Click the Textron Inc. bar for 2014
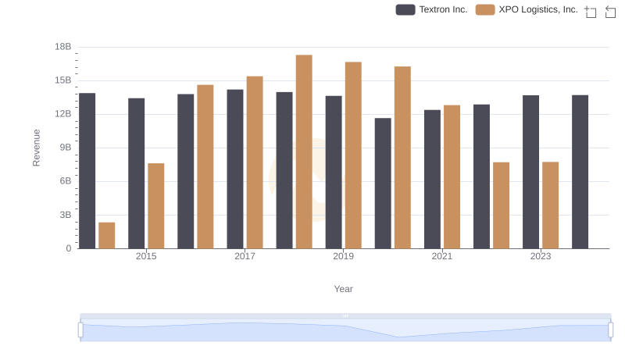(x=87, y=171)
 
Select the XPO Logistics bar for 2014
(x=107, y=235)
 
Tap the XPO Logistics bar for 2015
(x=156, y=205)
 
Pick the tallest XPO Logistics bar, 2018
(x=304, y=151)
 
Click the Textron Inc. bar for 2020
(x=383, y=184)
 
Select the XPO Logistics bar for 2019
(x=353, y=155)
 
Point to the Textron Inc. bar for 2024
(x=580, y=172)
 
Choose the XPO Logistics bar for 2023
(x=551, y=205)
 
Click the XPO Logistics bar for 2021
(x=452, y=176)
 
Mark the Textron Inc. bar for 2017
(x=235, y=169)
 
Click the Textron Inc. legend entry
(x=432, y=9)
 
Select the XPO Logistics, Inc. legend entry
(x=527, y=9)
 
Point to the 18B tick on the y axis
(x=63, y=47)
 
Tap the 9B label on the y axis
(x=65, y=148)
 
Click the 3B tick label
(x=65, y=215)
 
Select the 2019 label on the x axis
(x=344, y=256)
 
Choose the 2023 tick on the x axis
(x=541, y=256)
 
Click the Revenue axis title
(x=36, y=148)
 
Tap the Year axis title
(x=344, y=289)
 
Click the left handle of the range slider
(x=80, y=330)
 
